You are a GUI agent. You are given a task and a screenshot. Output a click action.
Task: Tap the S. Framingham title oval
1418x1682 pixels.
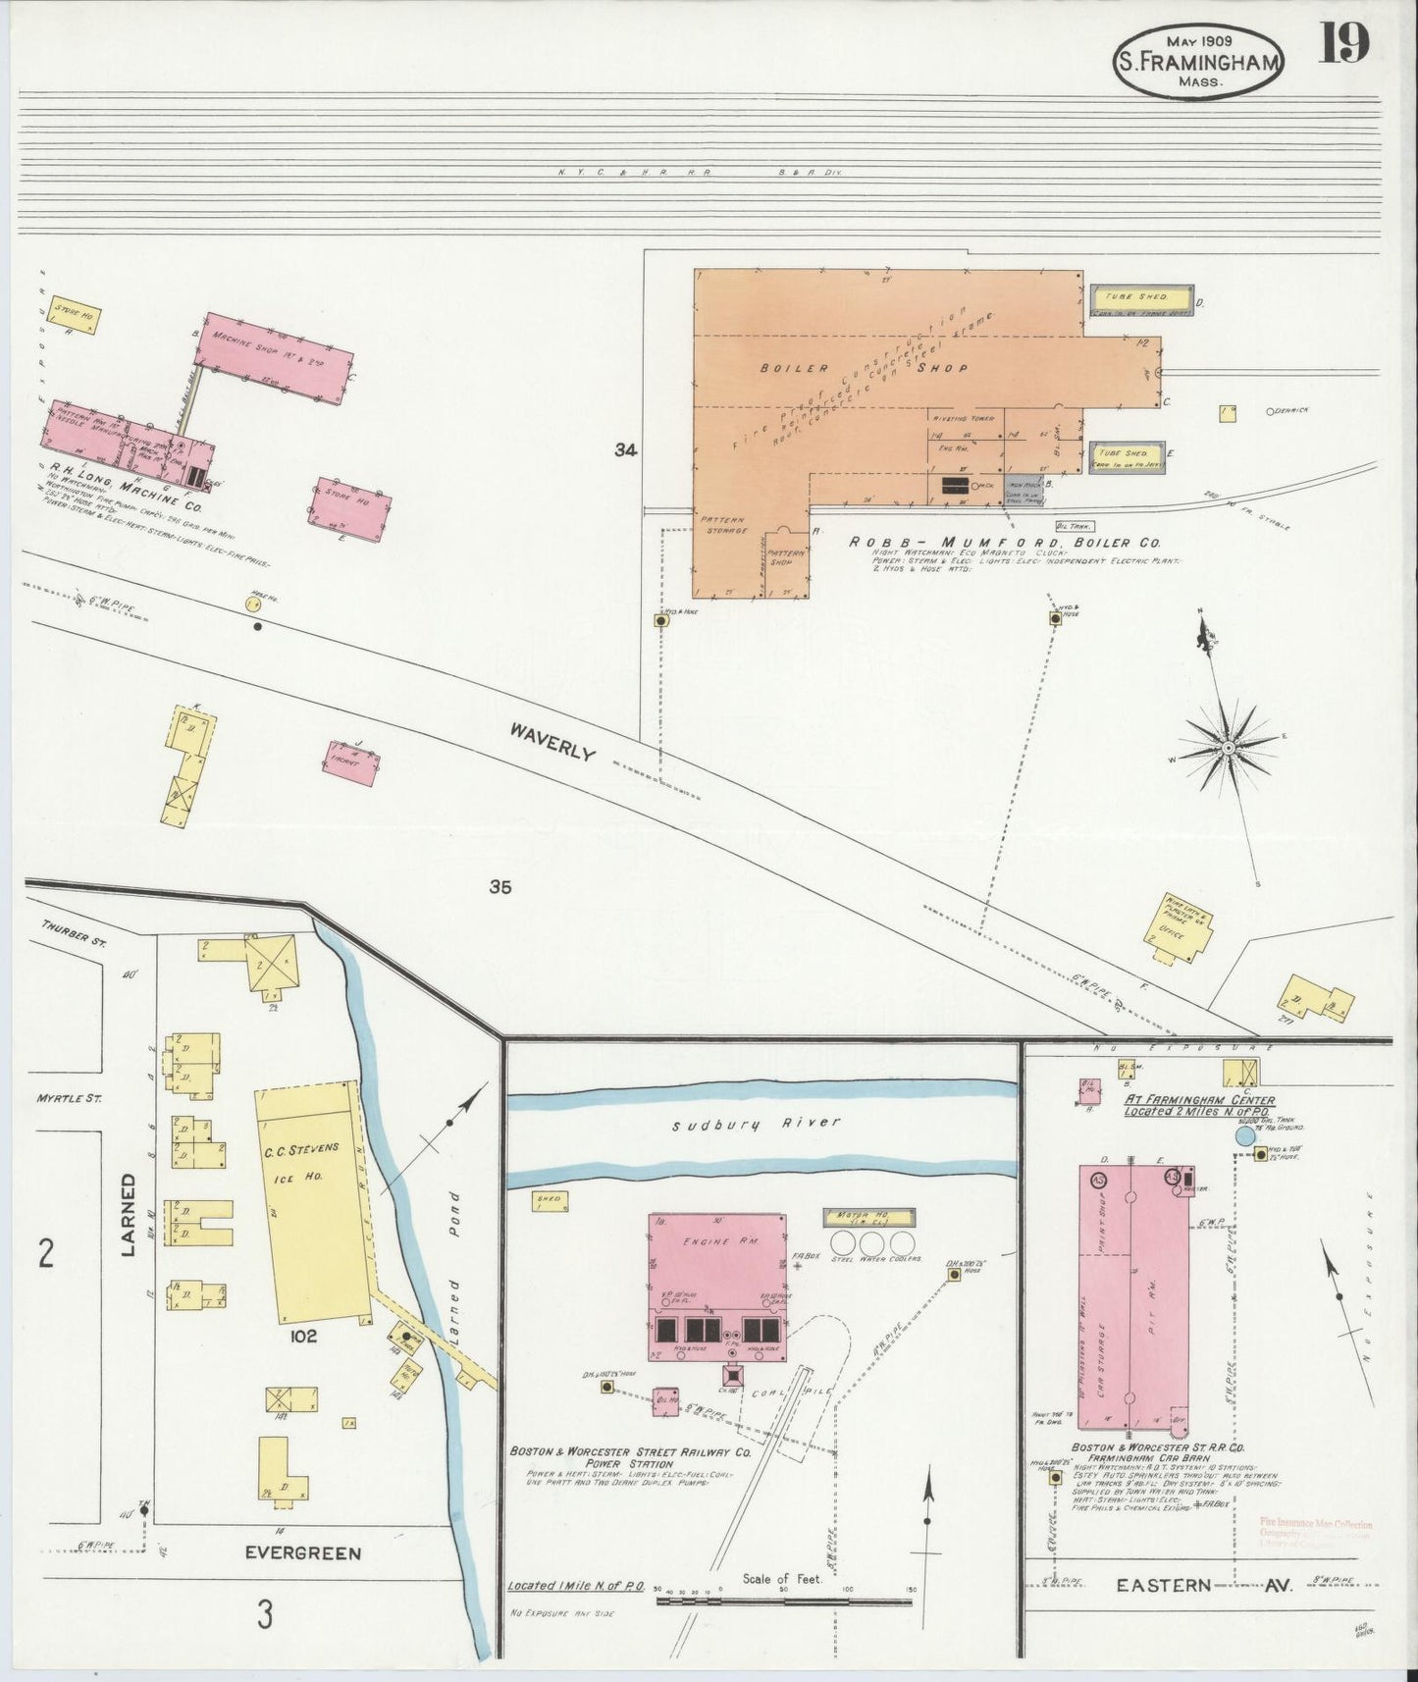1198,61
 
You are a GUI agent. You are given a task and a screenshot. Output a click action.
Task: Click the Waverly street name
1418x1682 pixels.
552,741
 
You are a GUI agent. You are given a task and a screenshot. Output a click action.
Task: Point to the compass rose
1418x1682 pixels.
1227,749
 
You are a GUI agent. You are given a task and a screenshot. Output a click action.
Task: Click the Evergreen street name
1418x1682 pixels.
302,1552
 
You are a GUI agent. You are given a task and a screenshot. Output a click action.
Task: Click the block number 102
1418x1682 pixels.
303,1336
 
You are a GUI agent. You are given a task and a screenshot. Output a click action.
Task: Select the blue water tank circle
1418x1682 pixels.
1244,1136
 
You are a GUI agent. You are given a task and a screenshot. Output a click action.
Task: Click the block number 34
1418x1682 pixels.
626,450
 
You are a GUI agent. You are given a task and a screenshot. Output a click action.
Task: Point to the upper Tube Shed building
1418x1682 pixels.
1139,296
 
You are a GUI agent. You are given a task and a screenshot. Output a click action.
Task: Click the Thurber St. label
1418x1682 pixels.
66,925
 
